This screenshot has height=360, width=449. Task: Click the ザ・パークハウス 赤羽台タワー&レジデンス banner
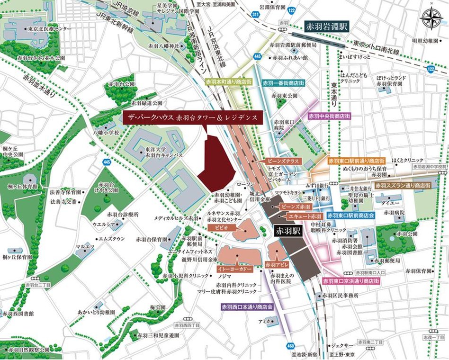192,117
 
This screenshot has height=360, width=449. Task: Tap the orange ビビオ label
221,228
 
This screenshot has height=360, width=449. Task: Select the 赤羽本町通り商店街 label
228,82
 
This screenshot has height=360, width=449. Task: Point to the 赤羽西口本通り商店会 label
247,307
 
